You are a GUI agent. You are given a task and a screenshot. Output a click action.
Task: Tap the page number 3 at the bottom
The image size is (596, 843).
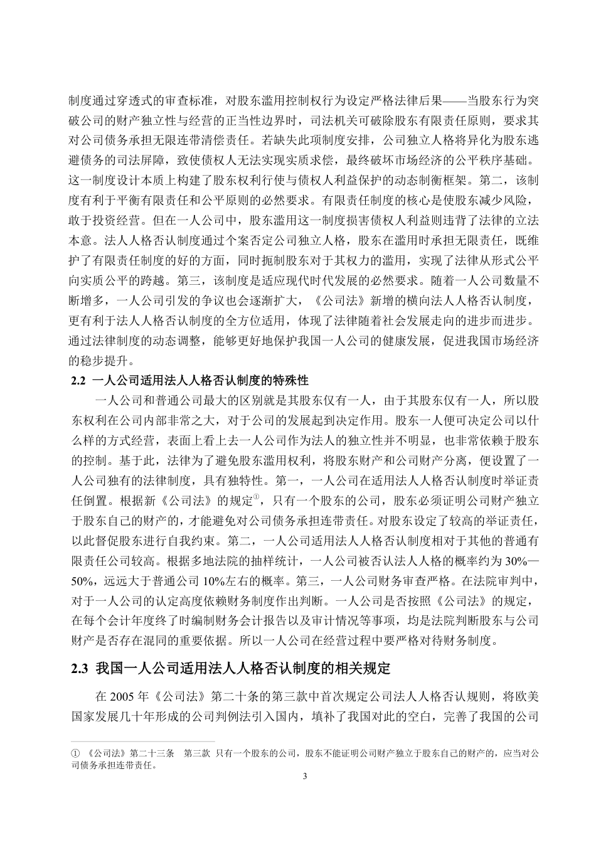(305, 777)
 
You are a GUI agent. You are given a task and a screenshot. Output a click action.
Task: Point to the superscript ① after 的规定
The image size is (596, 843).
(256, 497)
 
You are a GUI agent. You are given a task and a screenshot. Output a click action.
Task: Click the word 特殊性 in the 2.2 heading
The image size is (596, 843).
(288, 379)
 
